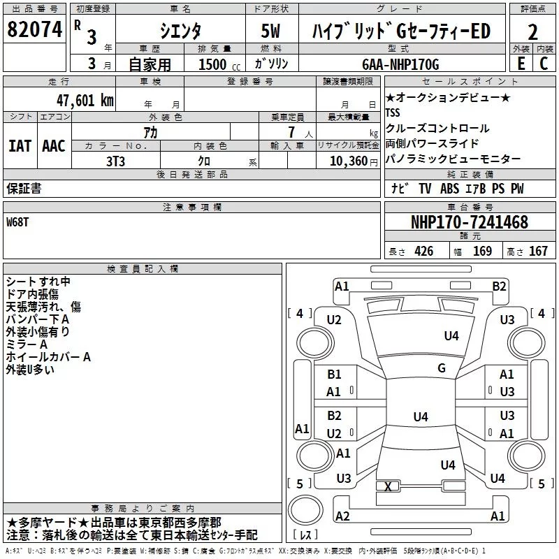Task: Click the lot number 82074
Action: coord(34,29)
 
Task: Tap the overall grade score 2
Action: coord(532,32)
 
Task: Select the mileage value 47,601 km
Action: coord(85,101)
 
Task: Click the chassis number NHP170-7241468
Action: coord(470,222)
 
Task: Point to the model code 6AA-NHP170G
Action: coord(400,64)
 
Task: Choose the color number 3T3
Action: coord(116,161)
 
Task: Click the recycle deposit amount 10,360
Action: coord(349,161)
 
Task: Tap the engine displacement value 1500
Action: coord(212,64)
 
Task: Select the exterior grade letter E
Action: coord(521,64)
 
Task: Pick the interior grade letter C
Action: coord(544,64)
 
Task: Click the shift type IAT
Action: coord(20,146)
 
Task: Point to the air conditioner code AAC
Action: coord(54,146)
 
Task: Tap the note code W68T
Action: coord(17,222)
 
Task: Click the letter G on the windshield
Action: coord(442,368)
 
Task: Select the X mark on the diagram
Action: coord(388,486)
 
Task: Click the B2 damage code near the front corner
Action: coord(499,286)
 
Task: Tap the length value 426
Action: coord(424,251)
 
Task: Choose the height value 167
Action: coord(538,251)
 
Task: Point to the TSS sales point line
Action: coord(393,112)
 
